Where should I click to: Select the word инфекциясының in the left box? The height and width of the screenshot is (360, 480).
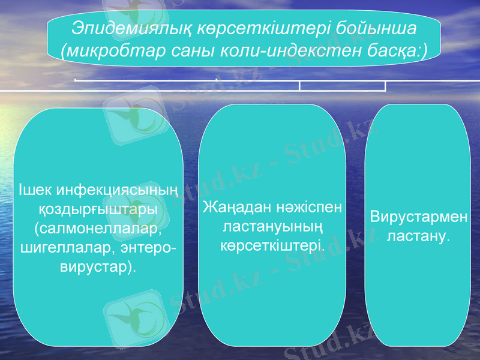click(x=116, y=190)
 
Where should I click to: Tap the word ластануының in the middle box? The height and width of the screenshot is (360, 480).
click(x=273, y=227)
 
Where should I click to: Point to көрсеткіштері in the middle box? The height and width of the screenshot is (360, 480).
click(x=273, y=246)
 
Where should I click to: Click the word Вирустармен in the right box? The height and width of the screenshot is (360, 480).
click(x=418, y=217)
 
